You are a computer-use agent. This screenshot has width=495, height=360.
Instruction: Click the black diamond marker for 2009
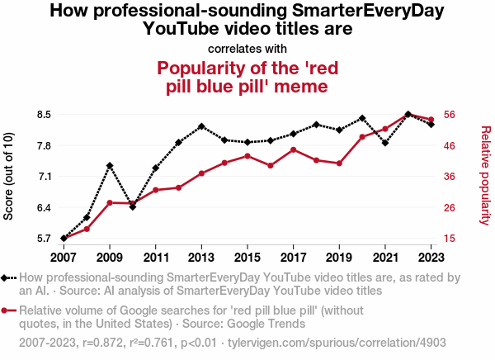[x=110, y=166]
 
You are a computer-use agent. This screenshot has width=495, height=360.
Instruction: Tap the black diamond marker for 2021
[x=385, y=143]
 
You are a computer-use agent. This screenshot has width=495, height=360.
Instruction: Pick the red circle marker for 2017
[x=294, y=149]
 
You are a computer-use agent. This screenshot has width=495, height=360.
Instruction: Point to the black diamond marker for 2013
[x=201, y=126]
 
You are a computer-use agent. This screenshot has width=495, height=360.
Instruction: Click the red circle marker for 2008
[x=87, y=229]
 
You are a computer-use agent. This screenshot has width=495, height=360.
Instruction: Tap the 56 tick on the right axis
[x=452, y=115]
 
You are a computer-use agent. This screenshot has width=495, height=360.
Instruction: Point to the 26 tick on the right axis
[x=452, y=207]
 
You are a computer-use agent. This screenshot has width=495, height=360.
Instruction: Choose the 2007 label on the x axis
[x=64, y=256]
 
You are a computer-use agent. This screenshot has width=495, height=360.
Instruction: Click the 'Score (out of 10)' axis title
[x=9, y=177]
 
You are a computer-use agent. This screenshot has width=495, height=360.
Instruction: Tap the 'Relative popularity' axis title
[x=485, y=175]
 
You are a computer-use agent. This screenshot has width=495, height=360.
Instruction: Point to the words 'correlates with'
[x=247, y=48]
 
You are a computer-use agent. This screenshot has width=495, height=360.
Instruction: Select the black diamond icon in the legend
[x=8, y=278]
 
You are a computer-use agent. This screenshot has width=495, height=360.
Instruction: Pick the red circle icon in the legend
[x=8, y=311]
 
